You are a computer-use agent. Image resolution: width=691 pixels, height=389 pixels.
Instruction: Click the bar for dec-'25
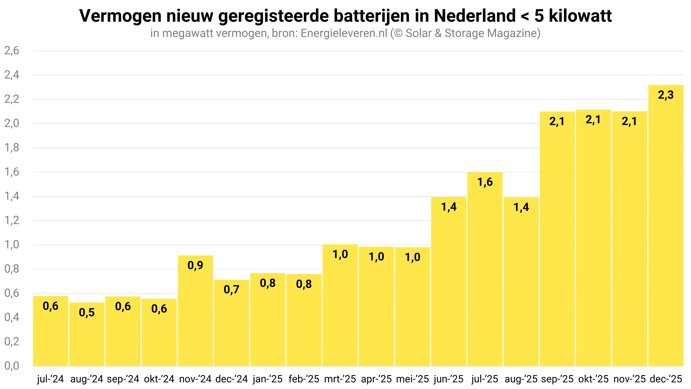[666, 225]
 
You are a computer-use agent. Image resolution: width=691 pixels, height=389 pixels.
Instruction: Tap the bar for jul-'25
[485, 269]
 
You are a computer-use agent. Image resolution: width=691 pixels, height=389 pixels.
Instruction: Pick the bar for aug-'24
[87, 334]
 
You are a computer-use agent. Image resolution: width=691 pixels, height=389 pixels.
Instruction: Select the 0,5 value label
[87, 313]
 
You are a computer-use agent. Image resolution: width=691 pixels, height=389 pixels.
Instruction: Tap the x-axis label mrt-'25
[340, 379]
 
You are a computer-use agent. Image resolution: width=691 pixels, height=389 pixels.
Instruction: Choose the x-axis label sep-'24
[123, 379]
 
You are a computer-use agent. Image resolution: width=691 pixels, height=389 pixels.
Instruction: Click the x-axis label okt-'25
[593, 379]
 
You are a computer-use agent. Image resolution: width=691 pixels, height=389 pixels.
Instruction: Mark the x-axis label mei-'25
[412, 379]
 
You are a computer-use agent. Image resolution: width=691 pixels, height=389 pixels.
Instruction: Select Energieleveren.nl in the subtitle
[344, 33]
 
